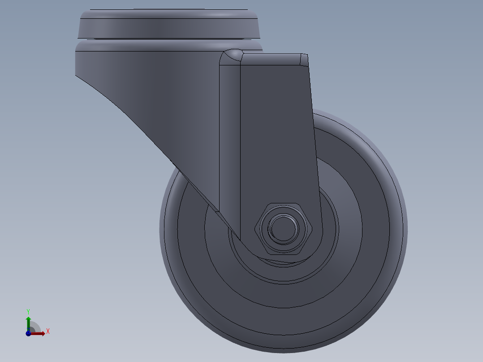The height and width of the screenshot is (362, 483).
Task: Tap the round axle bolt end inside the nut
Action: pyautogui.click(x=282, y=228)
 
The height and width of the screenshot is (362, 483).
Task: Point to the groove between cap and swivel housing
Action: pyautogui.click(x=169, y=40)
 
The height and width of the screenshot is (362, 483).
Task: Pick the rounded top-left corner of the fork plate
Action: pyautogui.click(x=233, y=56)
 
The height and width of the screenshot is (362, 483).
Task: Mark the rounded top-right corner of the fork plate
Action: pyautogui.click(x=304, y=59)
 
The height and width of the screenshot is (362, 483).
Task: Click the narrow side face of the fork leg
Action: pyautogui.click(x=229, y=134)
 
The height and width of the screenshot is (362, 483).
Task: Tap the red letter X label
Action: pyautogui.click(x=47, y=332)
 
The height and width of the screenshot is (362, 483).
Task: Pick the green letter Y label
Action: pyautogui.click(x=28, y=311)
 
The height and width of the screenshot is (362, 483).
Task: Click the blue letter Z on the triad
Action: pyautogui.click(x=28, y=329)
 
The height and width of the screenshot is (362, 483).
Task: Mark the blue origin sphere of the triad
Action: pyautogui.click(x=28, y=334)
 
